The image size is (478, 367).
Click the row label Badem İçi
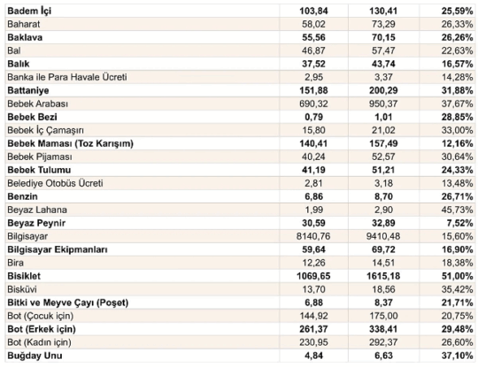29,11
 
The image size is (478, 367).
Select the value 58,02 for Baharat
313,24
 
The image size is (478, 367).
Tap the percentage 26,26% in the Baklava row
457,37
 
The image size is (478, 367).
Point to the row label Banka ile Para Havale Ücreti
67,77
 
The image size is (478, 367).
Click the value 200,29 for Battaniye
383,90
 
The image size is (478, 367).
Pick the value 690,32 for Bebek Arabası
313,103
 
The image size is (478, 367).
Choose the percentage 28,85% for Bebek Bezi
457,117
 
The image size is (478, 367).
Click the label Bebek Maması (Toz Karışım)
71,144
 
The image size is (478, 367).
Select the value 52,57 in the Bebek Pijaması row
383,157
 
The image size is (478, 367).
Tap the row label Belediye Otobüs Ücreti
55,183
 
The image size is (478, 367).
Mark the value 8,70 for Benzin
383,196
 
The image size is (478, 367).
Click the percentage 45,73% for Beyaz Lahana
457,210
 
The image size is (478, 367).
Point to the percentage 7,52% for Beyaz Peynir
459,223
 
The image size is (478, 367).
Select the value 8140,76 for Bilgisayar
313,236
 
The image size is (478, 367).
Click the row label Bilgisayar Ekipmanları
58,249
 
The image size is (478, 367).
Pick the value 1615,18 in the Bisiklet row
383,276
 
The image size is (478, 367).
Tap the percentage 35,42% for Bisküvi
457,289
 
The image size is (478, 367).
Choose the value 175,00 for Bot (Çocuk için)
383,316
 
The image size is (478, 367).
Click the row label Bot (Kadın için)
39,342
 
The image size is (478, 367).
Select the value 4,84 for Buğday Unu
313,356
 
